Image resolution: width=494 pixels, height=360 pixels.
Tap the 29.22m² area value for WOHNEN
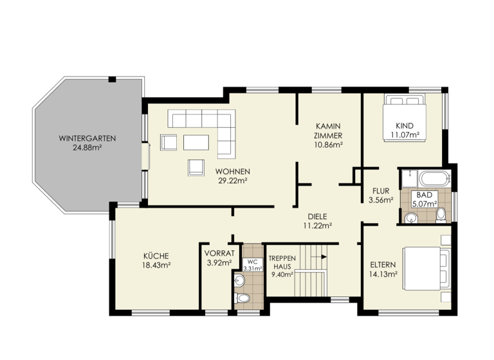(233, 181)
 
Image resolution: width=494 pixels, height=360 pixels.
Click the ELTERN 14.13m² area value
(383, 274)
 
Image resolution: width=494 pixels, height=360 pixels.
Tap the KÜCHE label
(156, 255)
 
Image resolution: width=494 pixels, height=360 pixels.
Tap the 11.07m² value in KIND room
(405, 134)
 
